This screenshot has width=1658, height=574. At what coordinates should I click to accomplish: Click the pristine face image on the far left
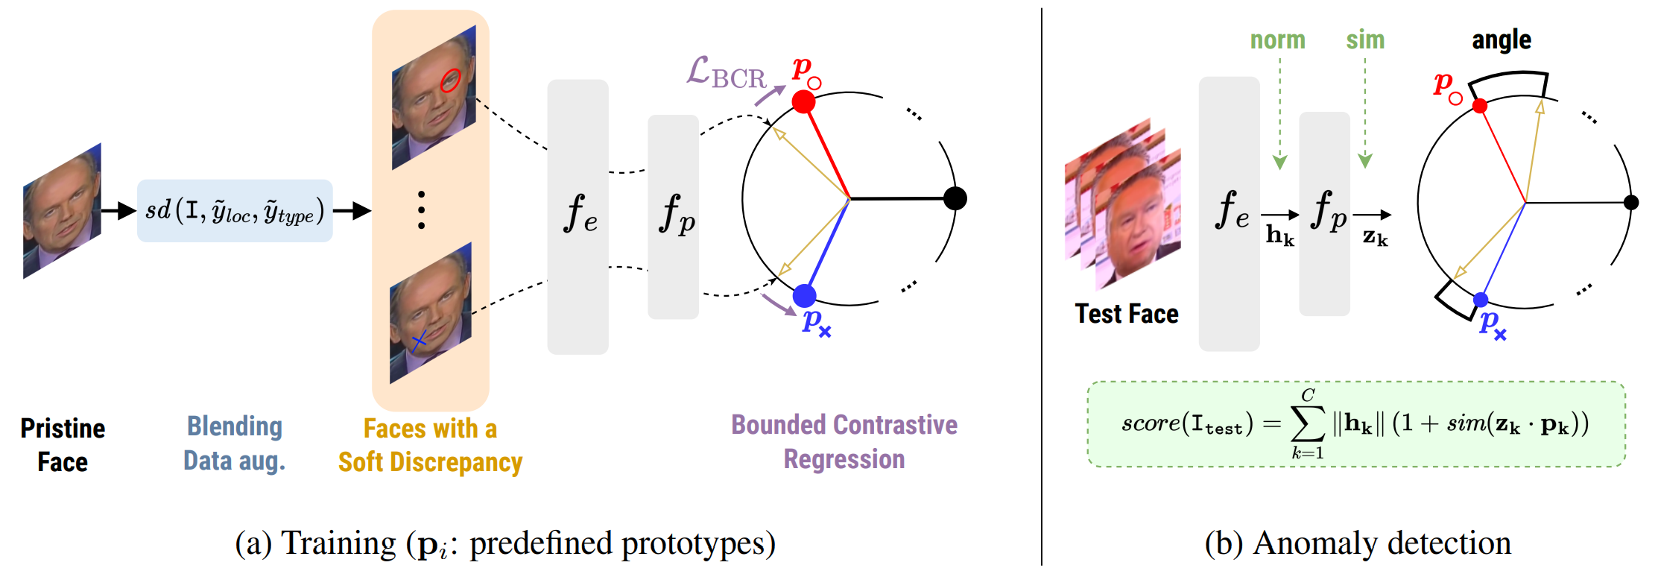click(x=62, y=211)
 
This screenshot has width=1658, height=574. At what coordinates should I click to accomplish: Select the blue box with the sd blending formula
click(x=235, y=211)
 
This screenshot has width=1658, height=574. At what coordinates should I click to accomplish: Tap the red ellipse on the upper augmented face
click(x=450, y=80)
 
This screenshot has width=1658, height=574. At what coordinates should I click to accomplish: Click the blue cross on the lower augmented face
click(x=419, y=341)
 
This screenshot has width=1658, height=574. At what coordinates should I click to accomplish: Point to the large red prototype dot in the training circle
click(x=803, y=101)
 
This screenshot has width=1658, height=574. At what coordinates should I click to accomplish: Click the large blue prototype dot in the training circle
click(x=804, y=296)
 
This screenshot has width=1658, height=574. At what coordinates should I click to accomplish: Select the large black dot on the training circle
click(x=955, y=198)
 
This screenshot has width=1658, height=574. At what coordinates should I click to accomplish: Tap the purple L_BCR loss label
click(x=725, y=74)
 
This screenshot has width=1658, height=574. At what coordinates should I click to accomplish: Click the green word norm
click(x=1277, y=40)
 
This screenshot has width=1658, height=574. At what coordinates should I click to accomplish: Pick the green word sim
click(x=1365, y=40)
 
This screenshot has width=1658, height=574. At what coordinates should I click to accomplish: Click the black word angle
click(x=1502, y=40)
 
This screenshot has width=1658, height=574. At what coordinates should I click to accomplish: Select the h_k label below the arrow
click(x=1279, y=236)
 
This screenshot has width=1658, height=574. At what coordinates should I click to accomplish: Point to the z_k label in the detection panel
click(x=1375, y=237)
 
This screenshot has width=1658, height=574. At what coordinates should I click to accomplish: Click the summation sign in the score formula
click(x=1308, y=424)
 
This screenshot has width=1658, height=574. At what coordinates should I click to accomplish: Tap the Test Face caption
click(x=1126, y=314)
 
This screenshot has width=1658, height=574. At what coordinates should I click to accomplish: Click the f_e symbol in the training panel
click(x=580, y=213)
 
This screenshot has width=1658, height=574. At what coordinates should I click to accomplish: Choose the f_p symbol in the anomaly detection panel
click(x=1328, y=210)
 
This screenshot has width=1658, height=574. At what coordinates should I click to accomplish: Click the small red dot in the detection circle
click(x=1480, y=106)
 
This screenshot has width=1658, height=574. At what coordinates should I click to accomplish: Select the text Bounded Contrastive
click(x=844, y=425)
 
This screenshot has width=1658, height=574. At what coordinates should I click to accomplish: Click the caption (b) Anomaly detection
click(x=1358, y=543)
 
